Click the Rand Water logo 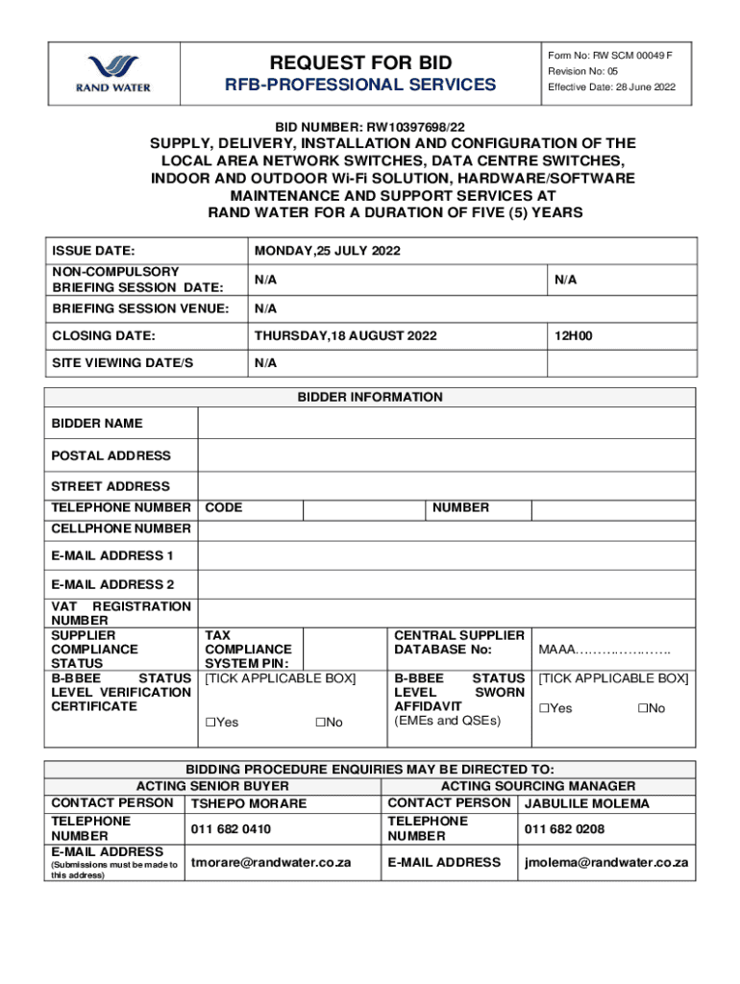point(113,74)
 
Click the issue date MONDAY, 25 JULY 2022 point(328,251)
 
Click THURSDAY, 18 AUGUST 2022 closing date point(346,335)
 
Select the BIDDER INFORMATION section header point(370,397)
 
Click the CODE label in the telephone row point(224,507)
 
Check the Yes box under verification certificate point(210,722)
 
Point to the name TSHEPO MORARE point(249,803)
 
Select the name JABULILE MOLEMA point(587,803)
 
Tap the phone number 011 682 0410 point(231,828)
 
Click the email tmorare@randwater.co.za point(271,862)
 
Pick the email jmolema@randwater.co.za point(605,862)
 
